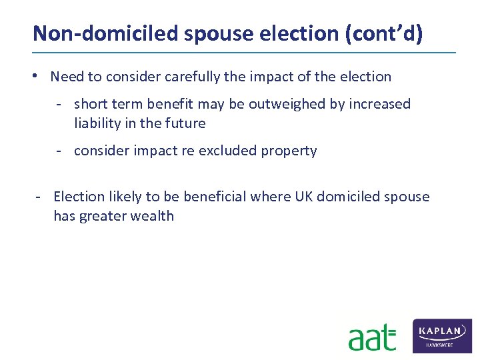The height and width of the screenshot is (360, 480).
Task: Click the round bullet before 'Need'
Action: coord(40,76)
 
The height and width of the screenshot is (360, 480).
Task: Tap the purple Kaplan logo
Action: coord(443,335)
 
